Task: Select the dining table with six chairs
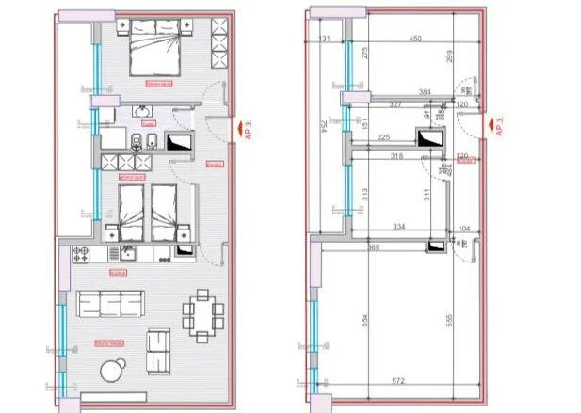pos(202,311)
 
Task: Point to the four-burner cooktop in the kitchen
pos(80,254)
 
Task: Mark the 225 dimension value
pos(385,138)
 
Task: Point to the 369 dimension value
pos(347,246)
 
